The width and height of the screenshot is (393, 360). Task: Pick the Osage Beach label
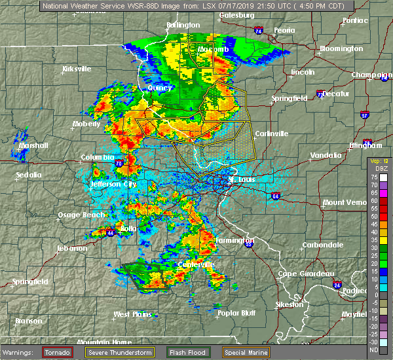pos(79,215)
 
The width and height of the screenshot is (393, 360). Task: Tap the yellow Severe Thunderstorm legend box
pos(124,351)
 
